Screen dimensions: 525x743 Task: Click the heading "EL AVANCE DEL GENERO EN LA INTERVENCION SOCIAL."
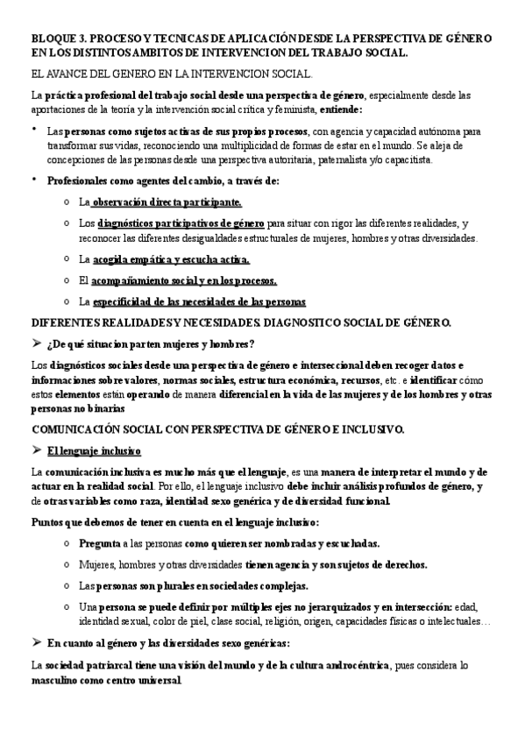pos(171,76)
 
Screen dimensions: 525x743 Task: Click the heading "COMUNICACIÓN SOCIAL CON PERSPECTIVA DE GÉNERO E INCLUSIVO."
pos(217,429)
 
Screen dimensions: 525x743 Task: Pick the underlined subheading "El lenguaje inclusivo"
pos(95,451)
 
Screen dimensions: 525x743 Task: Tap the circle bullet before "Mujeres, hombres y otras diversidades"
pos(68,565)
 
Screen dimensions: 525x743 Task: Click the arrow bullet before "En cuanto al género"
pos(37,643)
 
